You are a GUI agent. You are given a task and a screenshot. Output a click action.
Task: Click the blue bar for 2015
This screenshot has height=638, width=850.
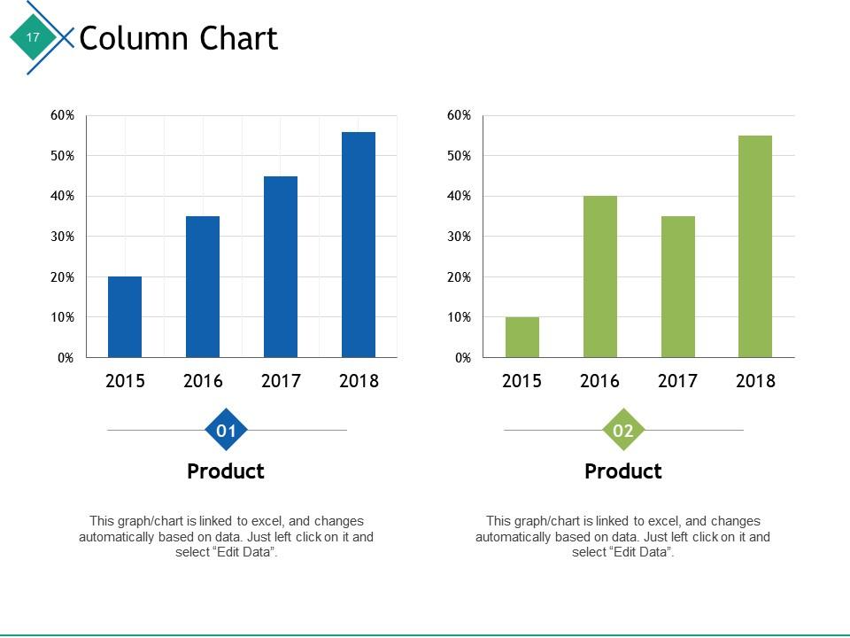[x=125, y=317]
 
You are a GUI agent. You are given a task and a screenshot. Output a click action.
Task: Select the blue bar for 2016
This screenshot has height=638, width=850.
[x=203, y=287]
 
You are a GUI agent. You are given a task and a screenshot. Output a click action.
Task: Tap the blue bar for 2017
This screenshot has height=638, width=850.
[x=281, y=267]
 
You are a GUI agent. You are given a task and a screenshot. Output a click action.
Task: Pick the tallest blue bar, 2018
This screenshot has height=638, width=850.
[x=359, y=245]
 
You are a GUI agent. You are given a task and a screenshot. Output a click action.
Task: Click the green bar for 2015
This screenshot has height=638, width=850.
[x=522, y=338]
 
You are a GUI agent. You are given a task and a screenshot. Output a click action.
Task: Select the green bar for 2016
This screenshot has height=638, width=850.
[x=600, y=276]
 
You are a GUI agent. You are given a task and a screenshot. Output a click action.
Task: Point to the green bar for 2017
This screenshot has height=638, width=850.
[x=678, y=287]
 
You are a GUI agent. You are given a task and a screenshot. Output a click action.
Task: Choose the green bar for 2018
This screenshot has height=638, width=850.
[x=755, y=246]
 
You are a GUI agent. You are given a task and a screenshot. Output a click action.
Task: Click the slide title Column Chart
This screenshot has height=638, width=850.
[x=179, y=39]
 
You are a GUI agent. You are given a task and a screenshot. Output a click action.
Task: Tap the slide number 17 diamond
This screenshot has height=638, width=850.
[x=33, y=37]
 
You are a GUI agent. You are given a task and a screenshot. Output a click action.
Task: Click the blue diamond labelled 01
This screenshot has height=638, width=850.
[x=227, y=432]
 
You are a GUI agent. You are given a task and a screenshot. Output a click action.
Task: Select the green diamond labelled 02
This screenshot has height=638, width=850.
[x=623, y=432]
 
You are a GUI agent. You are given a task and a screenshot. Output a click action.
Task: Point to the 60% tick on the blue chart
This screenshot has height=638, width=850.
[x=63, y=115]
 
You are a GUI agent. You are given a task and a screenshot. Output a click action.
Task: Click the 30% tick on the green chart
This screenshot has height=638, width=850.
[x=460, y=237]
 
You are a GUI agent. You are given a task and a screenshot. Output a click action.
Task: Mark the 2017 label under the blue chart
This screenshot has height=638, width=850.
[x=281, y=381]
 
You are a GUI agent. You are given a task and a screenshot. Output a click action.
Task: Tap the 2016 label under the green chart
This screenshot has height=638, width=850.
[x=600, y=381]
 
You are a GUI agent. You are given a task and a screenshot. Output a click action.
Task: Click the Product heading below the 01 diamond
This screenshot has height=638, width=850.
[x=226, y=471]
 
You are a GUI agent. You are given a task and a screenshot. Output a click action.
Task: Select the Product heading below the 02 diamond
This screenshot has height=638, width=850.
[x=623, y=471]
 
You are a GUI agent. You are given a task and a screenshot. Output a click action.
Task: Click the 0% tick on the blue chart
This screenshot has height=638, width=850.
[x=66, y=358]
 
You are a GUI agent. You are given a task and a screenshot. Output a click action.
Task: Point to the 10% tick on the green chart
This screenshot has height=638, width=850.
[x=460, y=317]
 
